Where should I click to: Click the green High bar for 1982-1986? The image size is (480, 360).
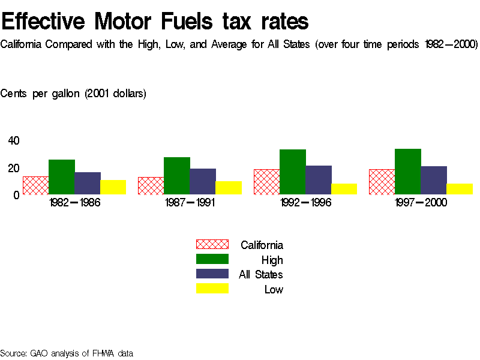61,177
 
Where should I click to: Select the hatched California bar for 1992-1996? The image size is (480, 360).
266,182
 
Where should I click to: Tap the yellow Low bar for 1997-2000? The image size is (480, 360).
460,189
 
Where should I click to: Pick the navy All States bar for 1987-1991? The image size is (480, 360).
203,181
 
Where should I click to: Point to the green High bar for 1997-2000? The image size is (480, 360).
408,172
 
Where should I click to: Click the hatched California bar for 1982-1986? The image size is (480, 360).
35,185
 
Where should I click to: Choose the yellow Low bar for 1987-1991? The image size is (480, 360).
229,188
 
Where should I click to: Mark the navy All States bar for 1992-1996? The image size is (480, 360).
319,180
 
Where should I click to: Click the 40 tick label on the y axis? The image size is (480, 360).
14,141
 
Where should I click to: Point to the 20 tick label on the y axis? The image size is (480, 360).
14,168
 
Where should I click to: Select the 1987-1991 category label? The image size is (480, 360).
190,203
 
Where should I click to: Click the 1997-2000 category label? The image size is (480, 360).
421,203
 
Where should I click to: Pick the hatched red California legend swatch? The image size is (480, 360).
212,244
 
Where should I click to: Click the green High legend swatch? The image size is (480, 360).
212,259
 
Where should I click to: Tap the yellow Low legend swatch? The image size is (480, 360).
212,289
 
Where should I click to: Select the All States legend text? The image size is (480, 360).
261,275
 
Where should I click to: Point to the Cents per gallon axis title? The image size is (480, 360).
73,94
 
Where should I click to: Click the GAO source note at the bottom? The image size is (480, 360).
67,353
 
